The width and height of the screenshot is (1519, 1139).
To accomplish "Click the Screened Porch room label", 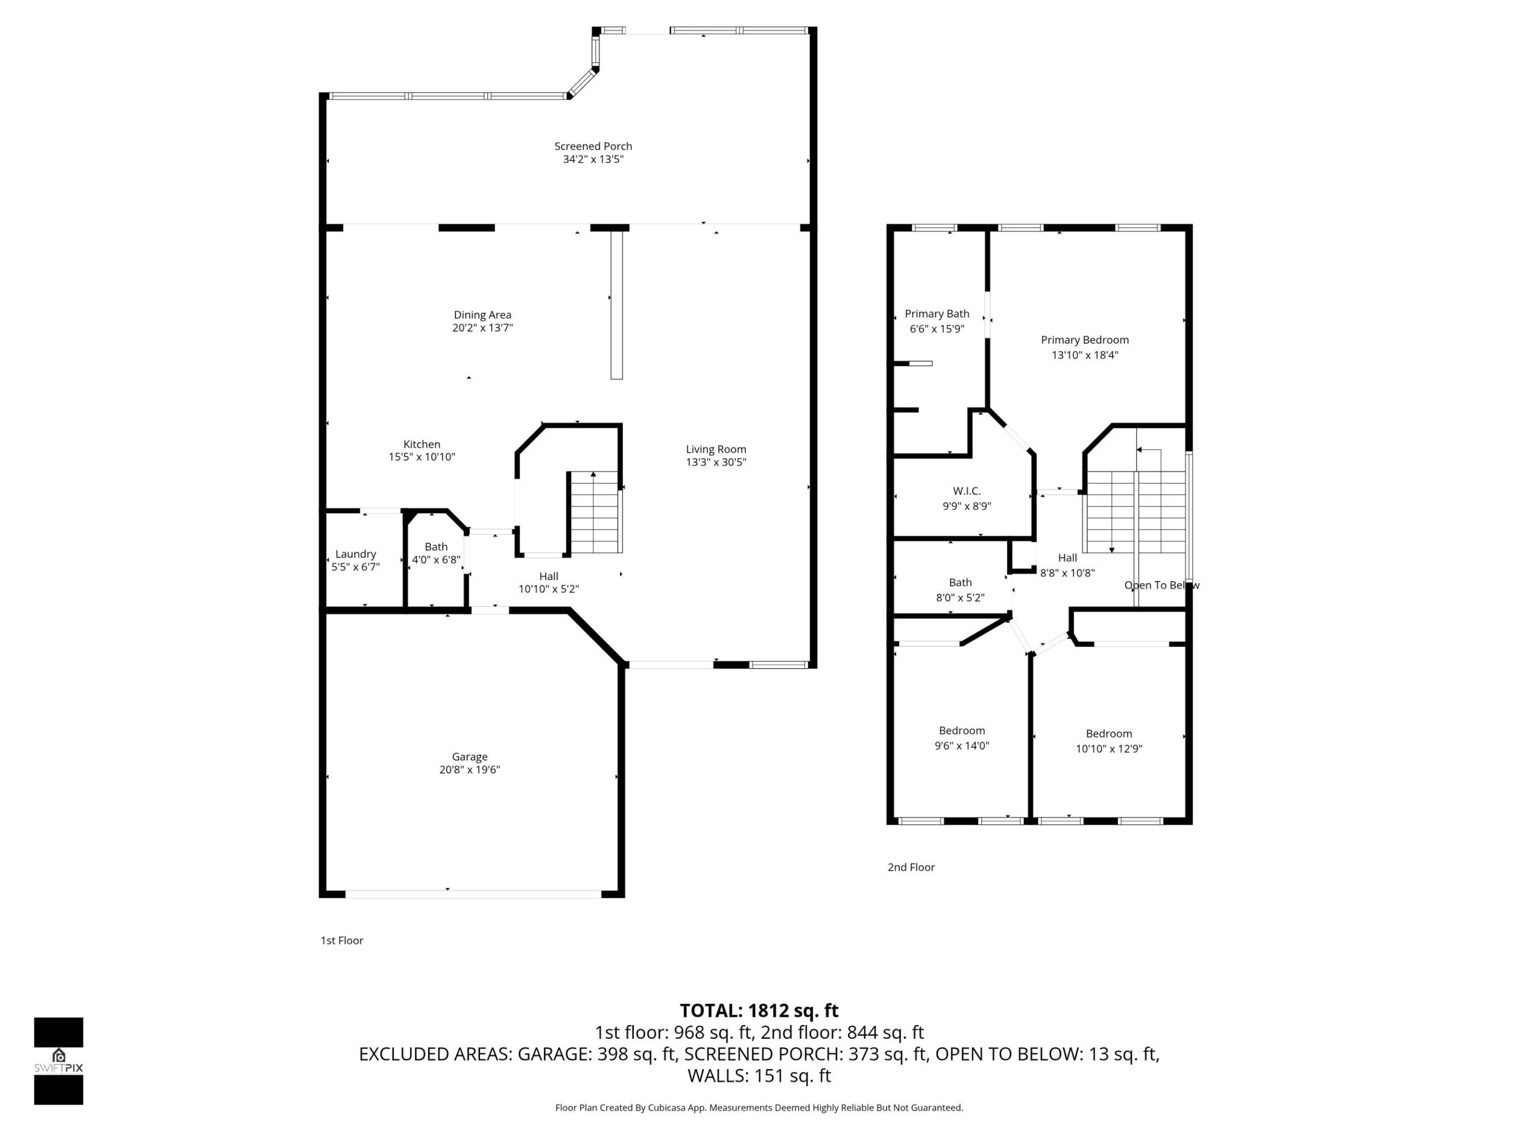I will click(593, 146).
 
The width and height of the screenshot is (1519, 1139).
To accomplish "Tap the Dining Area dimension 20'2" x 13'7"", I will click(482, 328).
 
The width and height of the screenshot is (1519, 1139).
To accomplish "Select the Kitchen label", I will click(421, 444).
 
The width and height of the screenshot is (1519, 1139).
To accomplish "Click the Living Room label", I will click(716, 449).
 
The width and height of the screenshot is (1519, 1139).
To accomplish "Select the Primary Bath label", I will click(937, 314).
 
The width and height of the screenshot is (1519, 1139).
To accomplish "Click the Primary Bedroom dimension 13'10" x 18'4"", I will click(1084, 355).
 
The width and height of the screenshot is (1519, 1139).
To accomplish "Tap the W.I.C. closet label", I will click(966, 491).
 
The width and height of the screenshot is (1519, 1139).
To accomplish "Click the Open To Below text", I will click(1161, 585).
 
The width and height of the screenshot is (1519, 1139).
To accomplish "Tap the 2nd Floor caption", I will click(910, 867).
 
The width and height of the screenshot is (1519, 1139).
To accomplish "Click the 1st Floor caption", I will click(341, 941).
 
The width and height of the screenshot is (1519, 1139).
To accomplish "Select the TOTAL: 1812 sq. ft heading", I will click(759, 1011).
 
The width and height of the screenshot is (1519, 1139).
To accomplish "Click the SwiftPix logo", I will click(59, 1061).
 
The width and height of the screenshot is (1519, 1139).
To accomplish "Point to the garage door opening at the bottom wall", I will click(473, 894).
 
